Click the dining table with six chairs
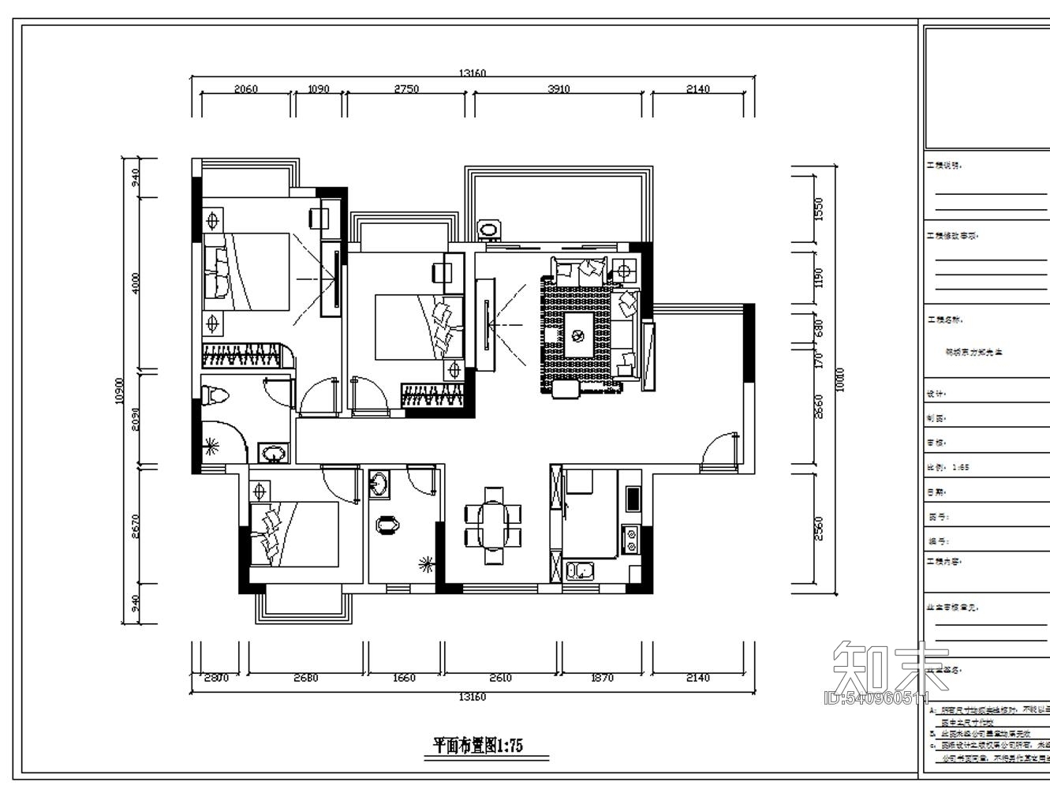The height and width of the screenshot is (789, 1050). click(x=493, y=525)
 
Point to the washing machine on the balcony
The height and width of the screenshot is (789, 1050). click(x=490, y=230)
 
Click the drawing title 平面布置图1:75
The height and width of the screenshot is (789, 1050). click(x=479, y=744)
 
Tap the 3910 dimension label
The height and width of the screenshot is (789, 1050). click(x=559, y=89)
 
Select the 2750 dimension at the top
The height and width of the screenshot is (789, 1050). click(x=406, y=89)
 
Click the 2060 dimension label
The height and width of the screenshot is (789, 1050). click(x=246, y=89)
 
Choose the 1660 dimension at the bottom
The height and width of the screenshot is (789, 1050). click(x=403, y=678)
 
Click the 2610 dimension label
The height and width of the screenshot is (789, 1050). click(x=500, y=678)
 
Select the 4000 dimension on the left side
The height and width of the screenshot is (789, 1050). click(x=135, y=283)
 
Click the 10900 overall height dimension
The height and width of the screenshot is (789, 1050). click(x=119, y=391)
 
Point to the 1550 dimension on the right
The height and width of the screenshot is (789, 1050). click(x=818, y=209)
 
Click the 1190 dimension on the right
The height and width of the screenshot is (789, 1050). click(x=818, y=278)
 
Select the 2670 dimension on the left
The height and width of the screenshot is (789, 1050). click(x=135, y=526)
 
